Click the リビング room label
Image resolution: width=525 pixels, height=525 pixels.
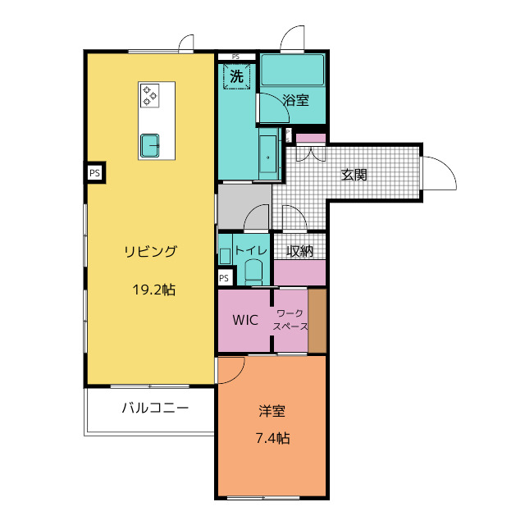point(150,252)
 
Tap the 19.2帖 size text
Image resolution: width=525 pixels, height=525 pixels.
point(154,290)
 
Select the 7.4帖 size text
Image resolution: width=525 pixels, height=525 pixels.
point(273,438)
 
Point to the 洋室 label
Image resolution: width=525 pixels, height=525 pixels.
point(272,411)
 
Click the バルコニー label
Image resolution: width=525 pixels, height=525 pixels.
point(155,409)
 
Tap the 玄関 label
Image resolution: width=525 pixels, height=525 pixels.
point(354,175)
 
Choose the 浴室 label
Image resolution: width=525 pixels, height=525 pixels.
point(295,100)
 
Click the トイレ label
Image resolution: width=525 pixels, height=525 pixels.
point(251,250)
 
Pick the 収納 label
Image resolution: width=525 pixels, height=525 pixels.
point(299,251)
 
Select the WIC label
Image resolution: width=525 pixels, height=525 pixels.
point(245,320)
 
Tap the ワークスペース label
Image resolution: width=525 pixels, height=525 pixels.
point(290,320)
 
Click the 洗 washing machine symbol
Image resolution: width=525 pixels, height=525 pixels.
point(237,76)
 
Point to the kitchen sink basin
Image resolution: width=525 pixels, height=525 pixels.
point(149,145)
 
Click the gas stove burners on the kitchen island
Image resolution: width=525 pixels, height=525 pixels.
point(149,95)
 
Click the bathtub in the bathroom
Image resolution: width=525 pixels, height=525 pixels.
point(293,70)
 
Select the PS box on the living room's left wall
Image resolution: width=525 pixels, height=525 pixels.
point(95,173)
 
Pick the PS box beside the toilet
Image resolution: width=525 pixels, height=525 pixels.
point(225,277)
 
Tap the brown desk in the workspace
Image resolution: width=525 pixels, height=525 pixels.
point(317,321)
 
